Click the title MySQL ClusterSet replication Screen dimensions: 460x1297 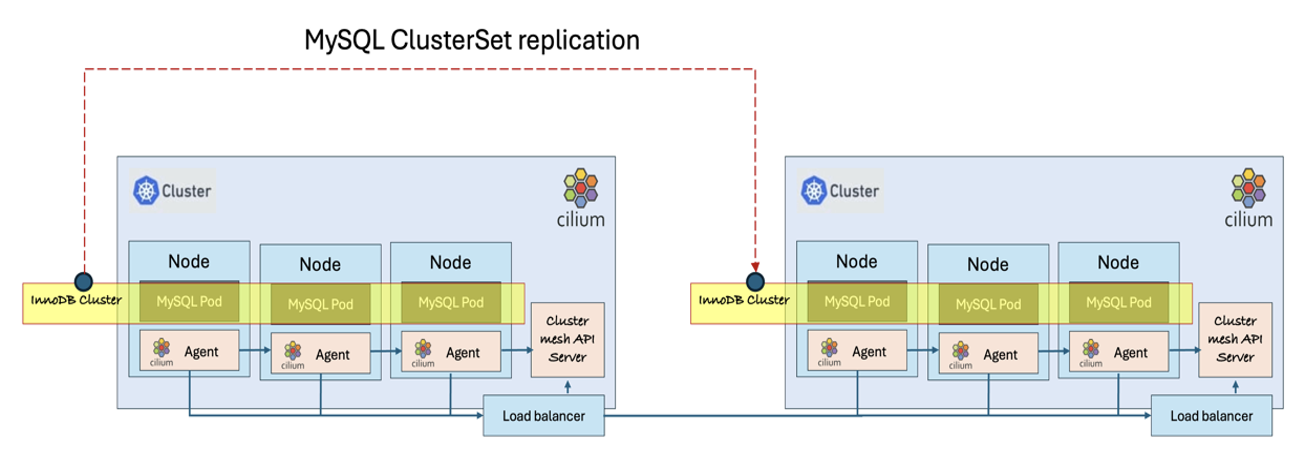tap(472, 40)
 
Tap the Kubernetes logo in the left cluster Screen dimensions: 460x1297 tap(146, 191)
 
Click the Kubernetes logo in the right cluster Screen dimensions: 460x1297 tap(814, 191)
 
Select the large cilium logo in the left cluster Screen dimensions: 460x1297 tap(581, 188)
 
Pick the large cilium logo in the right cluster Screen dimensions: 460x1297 tap(1248, 188)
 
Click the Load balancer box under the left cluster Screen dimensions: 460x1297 tap(543, 416)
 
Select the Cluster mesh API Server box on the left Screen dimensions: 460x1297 tap(568, 339)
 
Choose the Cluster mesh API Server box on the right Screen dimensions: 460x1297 tap(1235, 339)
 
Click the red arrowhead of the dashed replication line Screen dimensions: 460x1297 tap(755, 266)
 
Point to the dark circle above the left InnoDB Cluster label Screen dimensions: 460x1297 tap(84, 281)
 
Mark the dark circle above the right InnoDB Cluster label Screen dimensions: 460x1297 tap(755, 281)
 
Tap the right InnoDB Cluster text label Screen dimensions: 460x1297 tap(744, 300)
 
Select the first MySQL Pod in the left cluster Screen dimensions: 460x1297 tap(189, 301)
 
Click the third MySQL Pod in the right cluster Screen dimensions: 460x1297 tap(1118, 302)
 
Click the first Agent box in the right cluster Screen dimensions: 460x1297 tap(857, 351)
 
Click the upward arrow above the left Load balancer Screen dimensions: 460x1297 tap(568, 387)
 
